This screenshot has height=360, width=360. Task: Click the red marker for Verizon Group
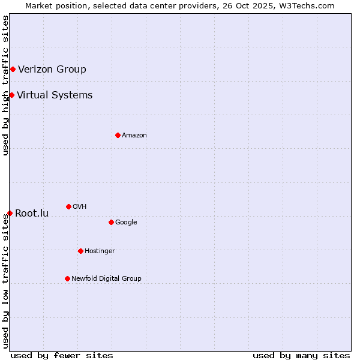pyautogui.click(x=13, y=69)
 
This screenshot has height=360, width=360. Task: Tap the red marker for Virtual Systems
pyautogui.click(x=11, y=95)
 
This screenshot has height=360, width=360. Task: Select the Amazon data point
pyautogui.click(x=118, y=135)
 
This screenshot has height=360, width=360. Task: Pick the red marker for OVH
pyautogui.click(x=68, y=206)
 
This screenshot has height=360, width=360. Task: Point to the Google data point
pyautogui.click(x=111, y=222)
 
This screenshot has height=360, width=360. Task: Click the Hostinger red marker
pyautogui.click(x=80, y=251)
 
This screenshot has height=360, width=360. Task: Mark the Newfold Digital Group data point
pyautogui.click(x=67, y=278)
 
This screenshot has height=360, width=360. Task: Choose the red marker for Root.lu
pyautogui.click(x=10, y=213)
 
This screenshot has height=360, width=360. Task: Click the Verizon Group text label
pyautogui.click(x=52, y=69)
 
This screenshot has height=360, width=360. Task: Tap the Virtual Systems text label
pyautogui.click(x=55, y=95)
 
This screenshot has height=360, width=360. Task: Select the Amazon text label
pyautogui.click(x=134, y=136)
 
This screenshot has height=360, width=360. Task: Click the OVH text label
pyautogui.click(x=80, y=207)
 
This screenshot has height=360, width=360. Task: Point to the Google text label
pyautogui.click(x=126, y=223)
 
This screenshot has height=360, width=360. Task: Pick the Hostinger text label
pyautogui.click(x=100, y=251)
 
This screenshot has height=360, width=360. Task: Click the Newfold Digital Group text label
pyautogui.click(x=106, y=279)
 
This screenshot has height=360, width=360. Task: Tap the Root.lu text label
pyautogui.click(x=32, y=214)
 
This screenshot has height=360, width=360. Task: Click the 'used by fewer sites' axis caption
pyautogui.click(x=62, y=355)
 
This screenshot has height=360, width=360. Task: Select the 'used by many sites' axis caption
pyautogui.click(x=301, y=355)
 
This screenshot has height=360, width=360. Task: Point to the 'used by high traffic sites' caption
pyautogui.click(x=5, y=85)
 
